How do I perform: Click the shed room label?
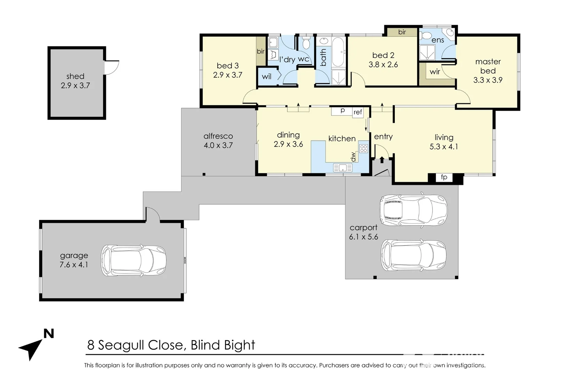75,76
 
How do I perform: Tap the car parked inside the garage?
134,260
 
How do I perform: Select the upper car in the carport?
413,210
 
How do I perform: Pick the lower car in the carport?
413,255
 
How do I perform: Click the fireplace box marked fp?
444,177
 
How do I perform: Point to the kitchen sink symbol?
343,168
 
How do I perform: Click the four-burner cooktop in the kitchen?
363,149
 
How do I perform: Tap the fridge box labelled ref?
358,112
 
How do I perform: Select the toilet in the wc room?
306,44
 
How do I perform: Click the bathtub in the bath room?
338,52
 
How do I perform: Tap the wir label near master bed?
435,72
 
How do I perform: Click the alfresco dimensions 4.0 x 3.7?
218,146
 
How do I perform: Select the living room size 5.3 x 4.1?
444,147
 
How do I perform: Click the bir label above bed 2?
402,32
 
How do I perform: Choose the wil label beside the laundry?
266,77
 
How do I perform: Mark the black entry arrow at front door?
382,160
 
